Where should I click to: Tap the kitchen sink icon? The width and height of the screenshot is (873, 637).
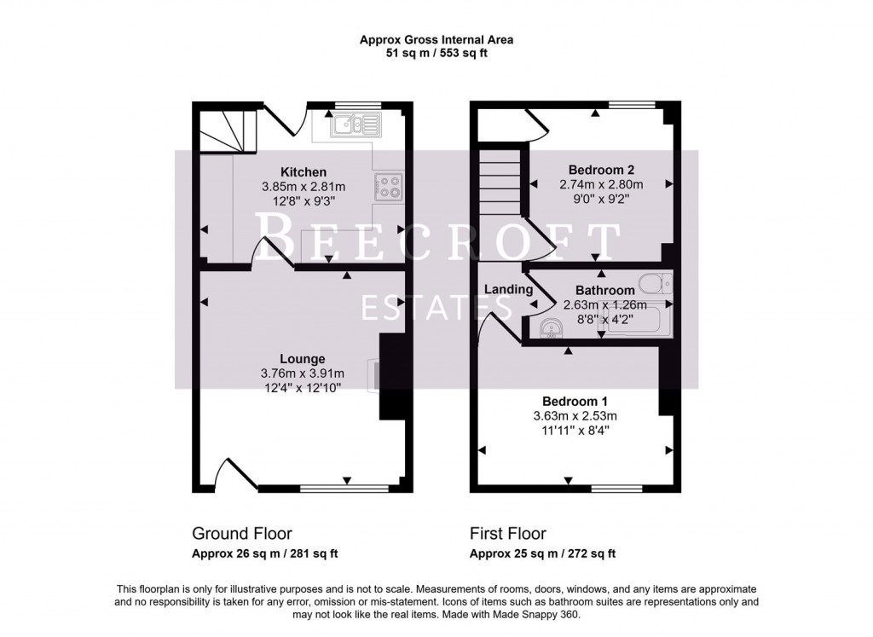[357, 126]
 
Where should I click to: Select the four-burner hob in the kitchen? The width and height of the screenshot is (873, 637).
[390, 187]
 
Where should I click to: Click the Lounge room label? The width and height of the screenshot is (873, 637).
[302, 358]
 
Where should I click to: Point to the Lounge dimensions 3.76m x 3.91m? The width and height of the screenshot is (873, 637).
[302, 373]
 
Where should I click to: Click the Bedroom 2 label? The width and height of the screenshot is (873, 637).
[601, 170]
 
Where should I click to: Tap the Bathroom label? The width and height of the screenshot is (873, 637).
[604, 290]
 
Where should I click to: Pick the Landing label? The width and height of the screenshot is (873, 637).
[508, 289]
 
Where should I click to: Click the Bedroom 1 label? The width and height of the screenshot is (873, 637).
[575, 401]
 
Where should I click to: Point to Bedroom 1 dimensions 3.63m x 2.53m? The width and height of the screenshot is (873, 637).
[575, 415]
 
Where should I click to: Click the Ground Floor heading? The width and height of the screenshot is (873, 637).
[242, 534]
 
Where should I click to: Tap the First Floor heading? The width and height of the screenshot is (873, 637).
[508, 534]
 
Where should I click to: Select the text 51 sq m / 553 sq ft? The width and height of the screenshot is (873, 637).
[436, 53]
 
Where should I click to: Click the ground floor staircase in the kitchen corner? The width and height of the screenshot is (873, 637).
[223, 130]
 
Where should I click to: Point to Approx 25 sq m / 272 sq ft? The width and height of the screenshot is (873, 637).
[543, 553]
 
